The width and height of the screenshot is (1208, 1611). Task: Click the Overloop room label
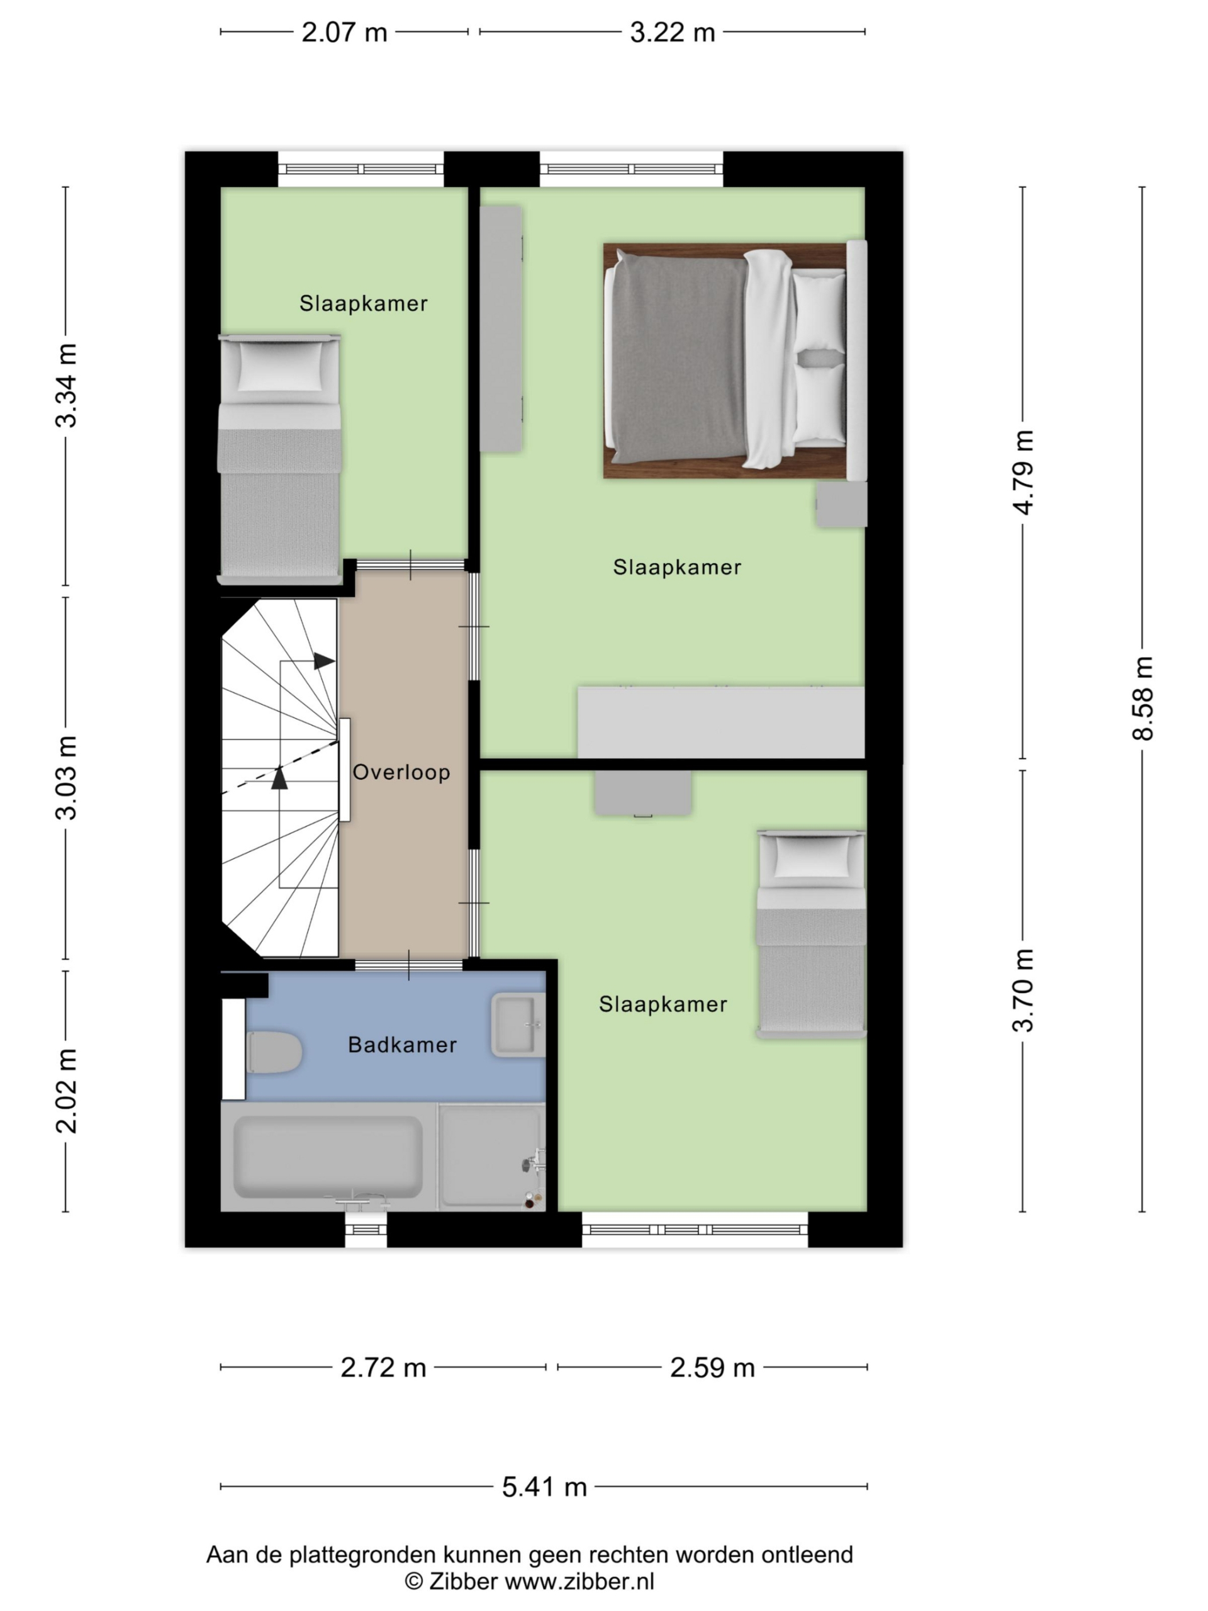tap(401, 772)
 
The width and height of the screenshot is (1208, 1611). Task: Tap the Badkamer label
tap(403, 1045)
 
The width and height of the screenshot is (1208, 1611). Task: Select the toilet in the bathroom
tap(274, 1052)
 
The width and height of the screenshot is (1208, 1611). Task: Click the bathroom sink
tap(518, 1024)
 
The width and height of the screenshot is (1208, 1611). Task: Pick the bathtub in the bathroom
tap(328, 1157)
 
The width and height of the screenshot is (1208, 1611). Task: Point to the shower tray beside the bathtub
tap(491, 1157)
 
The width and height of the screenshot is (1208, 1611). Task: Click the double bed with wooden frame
tap(735, 361)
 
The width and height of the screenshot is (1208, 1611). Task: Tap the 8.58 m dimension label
tap(1143, 699)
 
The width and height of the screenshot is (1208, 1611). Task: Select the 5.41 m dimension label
tap(545, 1486)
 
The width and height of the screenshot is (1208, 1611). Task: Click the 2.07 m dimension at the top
tap(344, 33)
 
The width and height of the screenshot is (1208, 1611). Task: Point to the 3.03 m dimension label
tap(66, 778)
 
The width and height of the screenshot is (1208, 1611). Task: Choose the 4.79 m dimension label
tap(1024, 473)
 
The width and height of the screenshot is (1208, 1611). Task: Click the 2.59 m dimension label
tap(712, 1367)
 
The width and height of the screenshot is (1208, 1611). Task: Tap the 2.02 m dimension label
tap(66, 1091)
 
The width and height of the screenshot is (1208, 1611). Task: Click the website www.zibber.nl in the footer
tap(579, 1581)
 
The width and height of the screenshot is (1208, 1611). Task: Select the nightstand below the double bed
tap(841, 504)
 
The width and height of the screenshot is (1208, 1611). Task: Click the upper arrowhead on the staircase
tap(324, 661)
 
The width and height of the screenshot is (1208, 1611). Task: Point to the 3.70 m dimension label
tap(1024, 991)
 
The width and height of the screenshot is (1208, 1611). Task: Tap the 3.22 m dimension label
tap(673, 33)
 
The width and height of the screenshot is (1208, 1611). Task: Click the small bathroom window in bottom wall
tap(366, 1230)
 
